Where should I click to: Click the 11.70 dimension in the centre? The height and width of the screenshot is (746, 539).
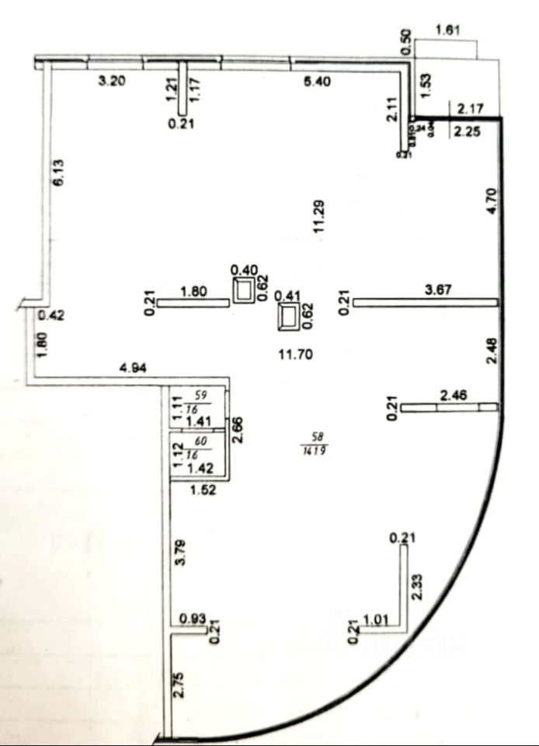coord(294,354)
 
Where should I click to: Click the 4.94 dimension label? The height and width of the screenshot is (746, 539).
coord(133,369)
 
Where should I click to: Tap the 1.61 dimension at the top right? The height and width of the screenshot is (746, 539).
coord(449,31)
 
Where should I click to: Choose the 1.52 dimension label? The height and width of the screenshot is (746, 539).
coord(203,490)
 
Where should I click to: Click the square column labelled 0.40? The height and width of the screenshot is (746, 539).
coord(245,291)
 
